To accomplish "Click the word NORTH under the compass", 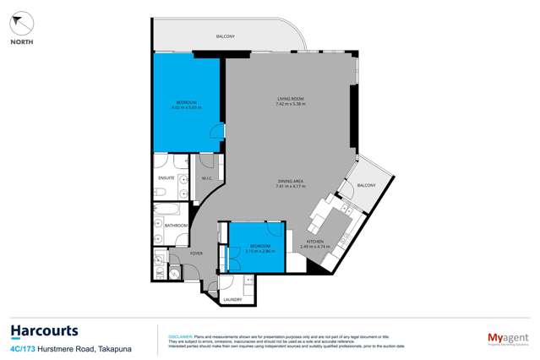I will (22, 41).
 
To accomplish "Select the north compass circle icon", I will (22, 23).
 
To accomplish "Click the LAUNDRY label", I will (232, 300).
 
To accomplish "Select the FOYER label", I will (196, 253).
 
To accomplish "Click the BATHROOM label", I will (176, 226).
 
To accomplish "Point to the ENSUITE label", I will (166, 178).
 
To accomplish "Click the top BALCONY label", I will (226, 36).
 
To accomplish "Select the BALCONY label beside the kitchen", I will (367, 184).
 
